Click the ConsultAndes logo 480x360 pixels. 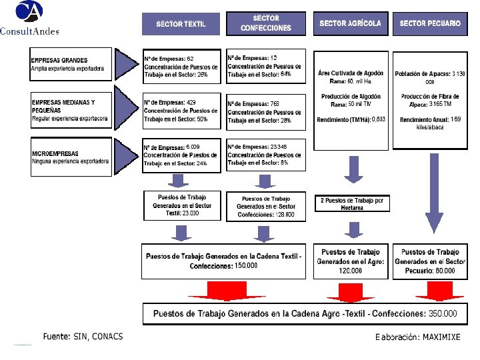pyautogui.click(x=29, y=18)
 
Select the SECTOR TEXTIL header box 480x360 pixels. pyautogui.click(x=181, y=24)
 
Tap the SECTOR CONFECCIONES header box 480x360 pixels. pyautogui.click(x=266, y=24)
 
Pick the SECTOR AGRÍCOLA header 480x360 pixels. pyautogui.click(x=350, y=24)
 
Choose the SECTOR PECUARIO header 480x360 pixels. pyautogui.click(x=429, y=24)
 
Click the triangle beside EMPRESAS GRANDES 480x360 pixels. pyautogui.click(x=125, y=65)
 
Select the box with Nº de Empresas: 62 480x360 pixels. pyautogui.click(x=181, y=67)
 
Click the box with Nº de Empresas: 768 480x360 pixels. pyautogui.click(x=266, y=112)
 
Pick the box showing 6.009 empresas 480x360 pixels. pyautogui.click(x=181, y=155)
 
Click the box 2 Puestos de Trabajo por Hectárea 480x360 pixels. pyautogui.click(x=352, y=203)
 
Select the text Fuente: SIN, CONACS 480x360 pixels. pyautogui.click(x=83, y=337)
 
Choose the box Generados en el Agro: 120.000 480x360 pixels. pyautogui.click(x=351, y=261)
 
